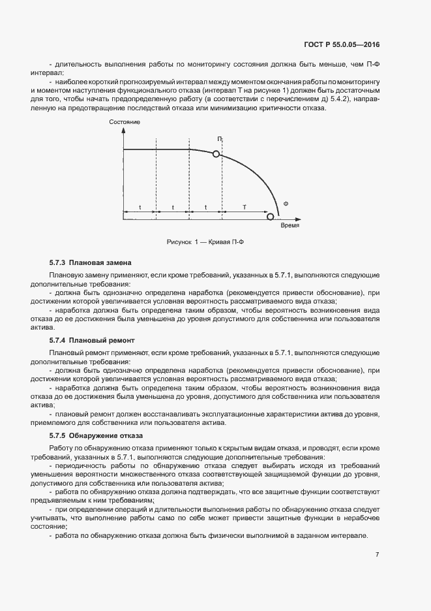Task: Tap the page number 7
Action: click(x=378, y=554)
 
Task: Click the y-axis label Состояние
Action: click(x=125, y=123)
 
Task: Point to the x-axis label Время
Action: click(x=290, y=225)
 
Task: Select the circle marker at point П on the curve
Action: click(x=216, y=154)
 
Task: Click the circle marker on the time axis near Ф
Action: click(x=271, y=216)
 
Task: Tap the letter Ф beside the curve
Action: click(x=286, y=204)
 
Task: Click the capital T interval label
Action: click(x=245, y=207)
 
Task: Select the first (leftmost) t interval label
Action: click(x=140, y=207)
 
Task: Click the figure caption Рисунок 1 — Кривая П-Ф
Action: click(x=205, y=242)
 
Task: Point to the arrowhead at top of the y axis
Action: click(x=123, y=131)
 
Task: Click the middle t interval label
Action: click(x=173, y=207)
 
